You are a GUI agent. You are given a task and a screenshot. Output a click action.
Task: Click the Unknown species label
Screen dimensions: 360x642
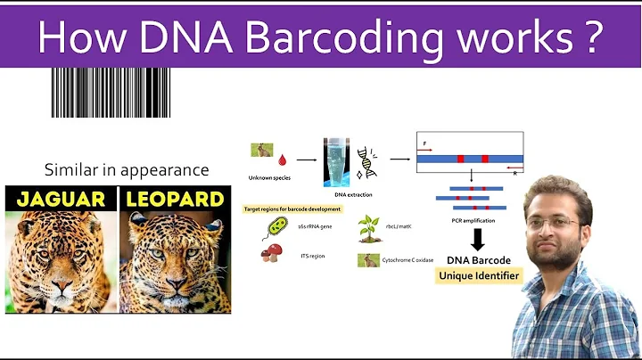coord(264,176)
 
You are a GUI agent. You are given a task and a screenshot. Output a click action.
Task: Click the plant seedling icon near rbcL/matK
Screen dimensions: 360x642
coord(368,229)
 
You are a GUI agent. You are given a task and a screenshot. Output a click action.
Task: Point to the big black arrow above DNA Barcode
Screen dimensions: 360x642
coord(480,239)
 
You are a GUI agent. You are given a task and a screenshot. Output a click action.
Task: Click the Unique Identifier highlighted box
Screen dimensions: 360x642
coord(480,276)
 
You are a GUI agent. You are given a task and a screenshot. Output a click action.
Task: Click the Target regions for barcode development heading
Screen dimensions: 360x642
coord(294,209)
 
